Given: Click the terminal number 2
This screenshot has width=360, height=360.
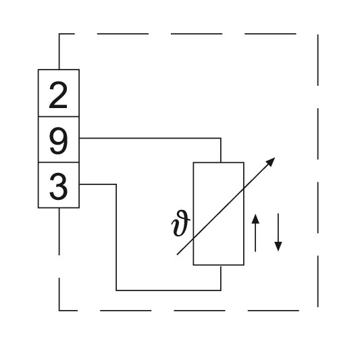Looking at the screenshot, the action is pyautogui.click(x=58, y=95).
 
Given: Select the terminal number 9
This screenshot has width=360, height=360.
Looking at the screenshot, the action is pyautogui.click(x=59, y=140).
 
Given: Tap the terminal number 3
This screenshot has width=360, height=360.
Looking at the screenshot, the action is pyautogui.click(x=59, y=186).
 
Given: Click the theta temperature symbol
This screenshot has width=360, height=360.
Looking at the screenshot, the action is pyautogui.click(x=181, y=223).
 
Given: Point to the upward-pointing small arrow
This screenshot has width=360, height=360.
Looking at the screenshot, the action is pyautogui.click(x=255, y=233).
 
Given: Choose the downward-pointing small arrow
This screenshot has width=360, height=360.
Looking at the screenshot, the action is pyautogui.click(x=278, y=232).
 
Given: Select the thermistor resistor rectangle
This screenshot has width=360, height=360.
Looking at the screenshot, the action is pyautogui.click(x=219, y=213).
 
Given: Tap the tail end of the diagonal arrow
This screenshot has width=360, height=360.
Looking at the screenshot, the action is pyautogui.click(x=177, y=255).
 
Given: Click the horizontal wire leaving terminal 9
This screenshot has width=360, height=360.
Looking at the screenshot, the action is pyautogui.click(x=150, y=138).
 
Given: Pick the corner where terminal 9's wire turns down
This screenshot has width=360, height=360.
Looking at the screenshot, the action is pyautogui.click(x=221, y=138).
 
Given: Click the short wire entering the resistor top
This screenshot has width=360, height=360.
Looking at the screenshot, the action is pyautogui.click(x=221, y=151).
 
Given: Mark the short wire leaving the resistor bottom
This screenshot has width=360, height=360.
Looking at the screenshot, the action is pyautogui.click(x=221, y=278).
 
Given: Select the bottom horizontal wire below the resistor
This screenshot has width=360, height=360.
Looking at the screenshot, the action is pyautogui.click(x=169, y=290).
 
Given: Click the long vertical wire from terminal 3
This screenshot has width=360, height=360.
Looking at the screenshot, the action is pyautogui.click(x=116, y=237).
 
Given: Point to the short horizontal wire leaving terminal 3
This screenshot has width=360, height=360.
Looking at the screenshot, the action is pyautogui.click(x=98, y=184).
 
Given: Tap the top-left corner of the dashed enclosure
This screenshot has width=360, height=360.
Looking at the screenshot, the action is pyautogui.click(x=59, y=34).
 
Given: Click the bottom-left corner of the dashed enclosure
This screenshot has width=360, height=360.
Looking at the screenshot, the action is pyautogui.click(x=59, y=311).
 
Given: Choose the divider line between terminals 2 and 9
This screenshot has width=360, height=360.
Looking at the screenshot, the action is pyautogui.click(x=59, y=117).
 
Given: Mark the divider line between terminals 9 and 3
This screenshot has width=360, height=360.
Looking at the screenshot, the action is pyautogui.click(x=59, y=162).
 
